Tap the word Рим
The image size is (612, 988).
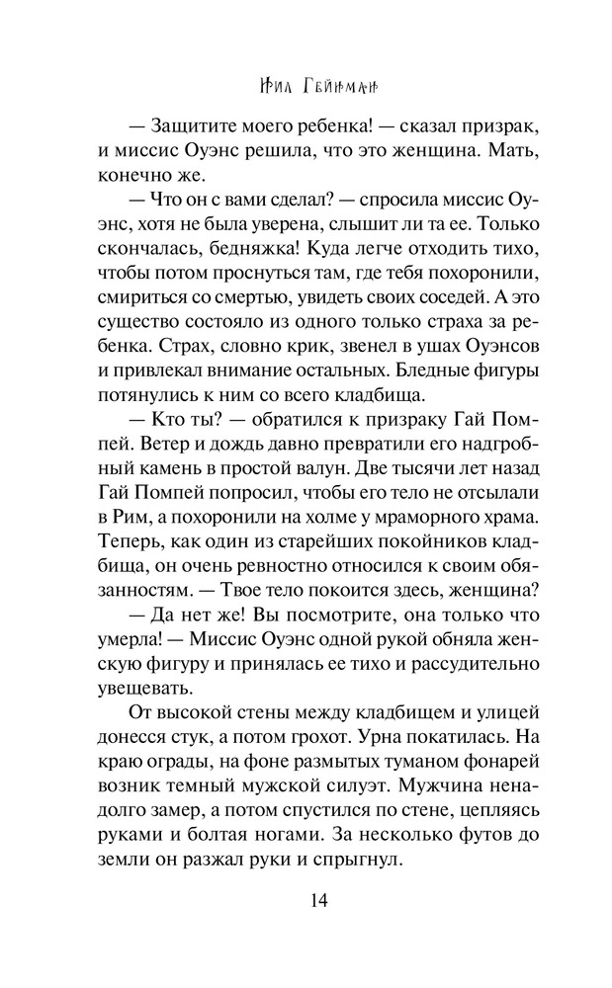coord(138,514)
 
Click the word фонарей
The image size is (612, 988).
coord(474,757)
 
